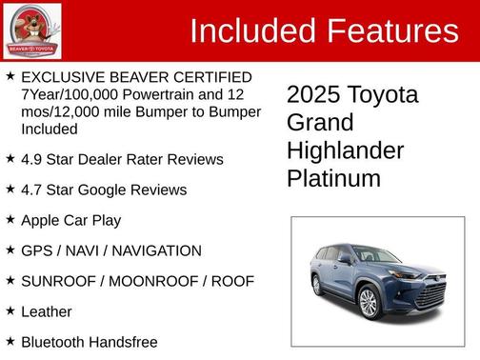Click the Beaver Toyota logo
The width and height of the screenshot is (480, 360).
tap(32, 30)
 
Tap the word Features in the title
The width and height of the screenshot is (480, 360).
tap(391, 31)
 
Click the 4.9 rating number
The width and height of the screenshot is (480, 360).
tap(32, 159)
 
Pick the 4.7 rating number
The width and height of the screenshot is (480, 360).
tap(32, 190)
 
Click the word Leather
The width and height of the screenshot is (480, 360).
tap(46, 311)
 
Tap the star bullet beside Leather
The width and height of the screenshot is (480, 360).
tap(10, 310)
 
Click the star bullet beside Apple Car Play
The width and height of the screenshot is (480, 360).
tap(10, 219)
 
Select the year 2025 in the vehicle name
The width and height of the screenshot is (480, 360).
tap(315, 95)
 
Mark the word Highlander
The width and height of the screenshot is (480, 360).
tap(345, 150)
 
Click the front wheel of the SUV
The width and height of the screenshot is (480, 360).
tap(368, 302)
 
